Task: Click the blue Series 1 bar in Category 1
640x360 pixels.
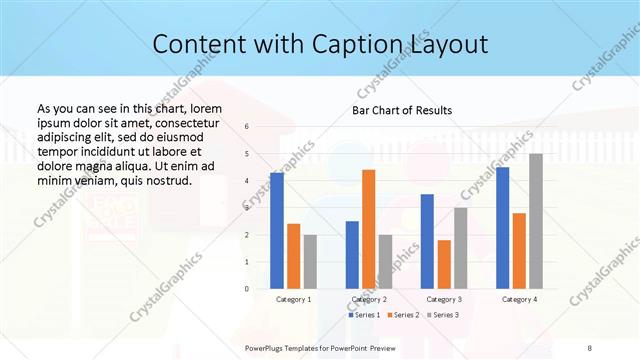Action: (277, 231)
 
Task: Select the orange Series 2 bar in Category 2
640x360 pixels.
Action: (369, 229)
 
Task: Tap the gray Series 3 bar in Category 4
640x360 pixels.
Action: (536, 221)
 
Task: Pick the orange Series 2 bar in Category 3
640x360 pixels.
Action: (444, 264)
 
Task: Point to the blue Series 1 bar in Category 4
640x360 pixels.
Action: (502, 228)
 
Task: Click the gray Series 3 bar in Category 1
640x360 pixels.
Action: (310, 262)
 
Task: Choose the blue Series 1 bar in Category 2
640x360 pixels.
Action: (352, 255)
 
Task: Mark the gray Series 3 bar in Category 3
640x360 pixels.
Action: (461, 248)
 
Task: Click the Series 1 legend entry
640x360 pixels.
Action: (364, 315)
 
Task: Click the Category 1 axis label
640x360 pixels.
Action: (293, 299)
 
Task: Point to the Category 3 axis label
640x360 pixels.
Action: (444, 299)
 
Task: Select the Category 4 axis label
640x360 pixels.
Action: (519, 299)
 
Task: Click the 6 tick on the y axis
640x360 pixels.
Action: (247, 127)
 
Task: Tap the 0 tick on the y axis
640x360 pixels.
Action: (247, 289)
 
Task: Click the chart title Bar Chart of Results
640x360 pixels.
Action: (402, 110)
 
